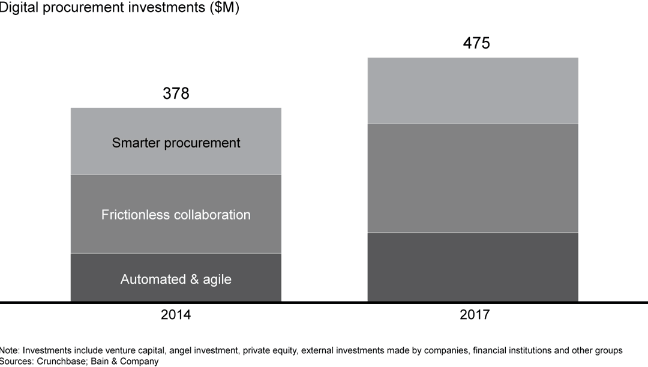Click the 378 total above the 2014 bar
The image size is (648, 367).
(176, 94)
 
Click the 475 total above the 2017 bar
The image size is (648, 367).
(476, 43)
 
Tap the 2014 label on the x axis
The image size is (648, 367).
(176, 314)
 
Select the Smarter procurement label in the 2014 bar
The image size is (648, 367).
(176, 143)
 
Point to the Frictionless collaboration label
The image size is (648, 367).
(176, 215)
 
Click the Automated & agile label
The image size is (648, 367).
(176, 279)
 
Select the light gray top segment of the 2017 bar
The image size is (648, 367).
(473, 91)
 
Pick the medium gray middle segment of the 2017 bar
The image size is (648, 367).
(473, 178)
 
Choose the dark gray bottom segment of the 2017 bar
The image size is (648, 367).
(473, 266)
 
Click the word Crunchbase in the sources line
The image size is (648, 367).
(60, 362)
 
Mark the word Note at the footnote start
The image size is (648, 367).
(9, 350)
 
